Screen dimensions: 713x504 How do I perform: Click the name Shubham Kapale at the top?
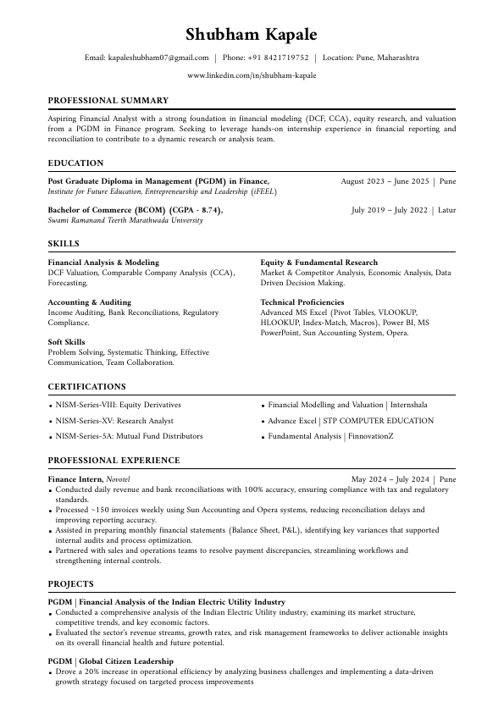(252, 35)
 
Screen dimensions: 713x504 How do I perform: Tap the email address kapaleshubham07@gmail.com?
(158, 58)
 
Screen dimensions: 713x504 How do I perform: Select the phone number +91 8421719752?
(278, 58)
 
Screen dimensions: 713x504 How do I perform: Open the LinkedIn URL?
(252, 75)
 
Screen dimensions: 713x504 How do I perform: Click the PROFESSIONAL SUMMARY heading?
(108, 100)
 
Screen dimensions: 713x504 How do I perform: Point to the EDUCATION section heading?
(75, 163)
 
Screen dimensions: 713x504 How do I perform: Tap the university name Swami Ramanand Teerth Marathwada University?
(125, 220)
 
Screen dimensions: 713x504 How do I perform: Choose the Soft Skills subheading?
(66, 342)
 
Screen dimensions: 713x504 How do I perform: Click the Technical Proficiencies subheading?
(302, 302)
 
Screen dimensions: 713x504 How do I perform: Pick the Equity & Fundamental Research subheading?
(319, 263)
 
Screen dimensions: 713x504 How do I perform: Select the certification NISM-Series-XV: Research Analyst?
(114, 421)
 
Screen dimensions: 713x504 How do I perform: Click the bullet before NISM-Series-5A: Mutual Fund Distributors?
(51, 437)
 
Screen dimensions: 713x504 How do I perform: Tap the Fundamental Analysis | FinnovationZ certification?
(330, 436)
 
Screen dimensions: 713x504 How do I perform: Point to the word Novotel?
(119, 479)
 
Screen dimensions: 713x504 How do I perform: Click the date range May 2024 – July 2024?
(390, 479)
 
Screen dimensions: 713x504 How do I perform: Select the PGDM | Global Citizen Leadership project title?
(111, 661)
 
